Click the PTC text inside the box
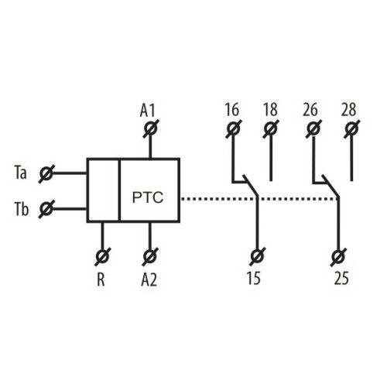(x=148, y=197)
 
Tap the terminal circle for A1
(x=151, y=128)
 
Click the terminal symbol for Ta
(x=46, y=173)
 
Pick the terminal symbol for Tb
(x=46, y=208)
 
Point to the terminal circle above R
(x=102, y=256)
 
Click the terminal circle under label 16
(x=234, y=128)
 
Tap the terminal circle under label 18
(x=271, y=128)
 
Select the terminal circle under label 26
(x=313, y=128)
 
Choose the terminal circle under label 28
(x=351, y=128)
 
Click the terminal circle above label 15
(x=257, y=256)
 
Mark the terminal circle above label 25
(x=339, y=256)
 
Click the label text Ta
(x=20, y=173)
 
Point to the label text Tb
(x=21, y=209)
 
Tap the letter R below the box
(x=101, y=279)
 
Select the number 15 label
(x=254, y=278)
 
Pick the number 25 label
(x=341, y=278)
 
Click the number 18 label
(x=270, y=109)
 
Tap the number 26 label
(x=310, y=109)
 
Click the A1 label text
(x=147, y=111)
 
